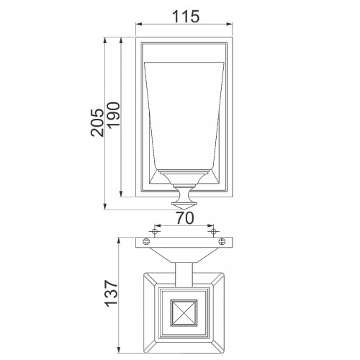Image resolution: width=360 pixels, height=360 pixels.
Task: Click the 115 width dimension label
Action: (185, 15)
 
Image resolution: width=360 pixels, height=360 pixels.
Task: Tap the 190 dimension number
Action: (114, 115)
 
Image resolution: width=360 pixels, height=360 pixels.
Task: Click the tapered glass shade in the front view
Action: (185, 115)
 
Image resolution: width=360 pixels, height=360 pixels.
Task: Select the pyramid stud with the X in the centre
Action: (185, 315)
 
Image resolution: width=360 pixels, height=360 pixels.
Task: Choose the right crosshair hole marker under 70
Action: (212, 230)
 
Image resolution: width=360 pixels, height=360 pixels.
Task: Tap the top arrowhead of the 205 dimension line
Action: (107, 37)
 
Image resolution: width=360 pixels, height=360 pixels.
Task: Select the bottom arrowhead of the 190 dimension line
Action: (122, 194)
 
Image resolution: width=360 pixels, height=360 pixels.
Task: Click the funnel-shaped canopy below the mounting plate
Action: (185, 253)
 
